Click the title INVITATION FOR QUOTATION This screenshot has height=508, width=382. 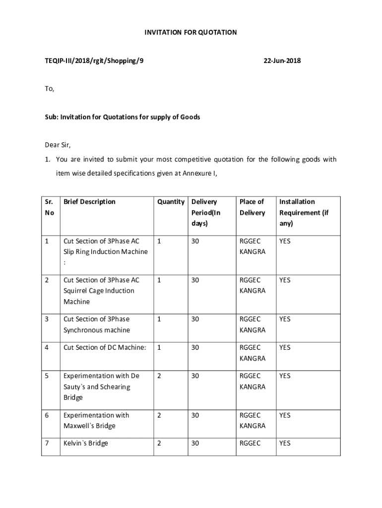[x=191, y=32]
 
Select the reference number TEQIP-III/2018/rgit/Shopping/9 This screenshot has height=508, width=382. [x=94, y=61]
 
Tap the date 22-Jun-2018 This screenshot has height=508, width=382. [x=282, y=61]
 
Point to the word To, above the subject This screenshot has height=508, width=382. [x=49, y=89]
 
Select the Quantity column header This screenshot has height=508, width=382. [x=171, y=202]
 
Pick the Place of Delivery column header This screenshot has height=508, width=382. [x=252, y=207]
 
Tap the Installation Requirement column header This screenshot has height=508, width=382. [x=304, y=212]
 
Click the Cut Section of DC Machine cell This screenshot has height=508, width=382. [x=105, y=348]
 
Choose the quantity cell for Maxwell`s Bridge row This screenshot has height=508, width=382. [x=159, y=415]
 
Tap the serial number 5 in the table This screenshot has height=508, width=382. [x=47, y=376]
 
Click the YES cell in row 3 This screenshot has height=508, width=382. [x=285, y=319]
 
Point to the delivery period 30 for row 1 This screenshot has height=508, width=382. [x=195, y=241]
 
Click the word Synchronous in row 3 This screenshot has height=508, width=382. [x=86, y=330]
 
